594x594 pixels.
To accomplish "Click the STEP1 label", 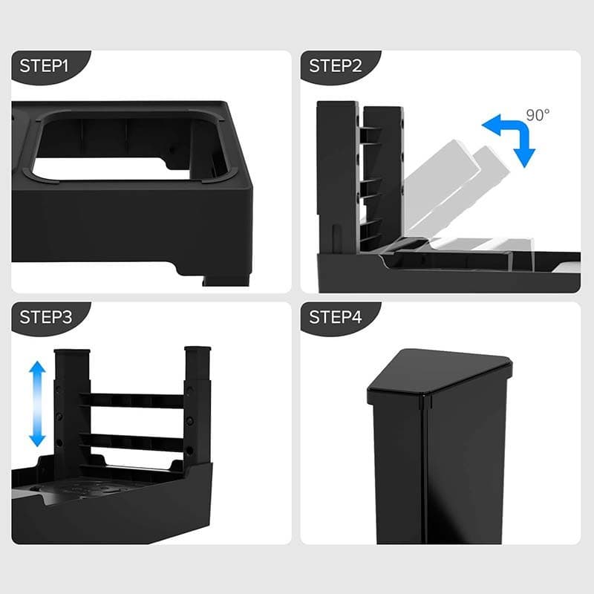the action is pos(44,66).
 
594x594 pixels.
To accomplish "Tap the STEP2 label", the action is pos(336,66).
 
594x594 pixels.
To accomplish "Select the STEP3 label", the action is pos(45,317).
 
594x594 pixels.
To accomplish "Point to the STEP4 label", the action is pos(336,317).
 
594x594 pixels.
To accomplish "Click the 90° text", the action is pos(538,115).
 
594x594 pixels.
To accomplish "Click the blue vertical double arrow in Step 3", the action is pos(37,404).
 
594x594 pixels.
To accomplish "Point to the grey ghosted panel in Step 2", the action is pos(454,189).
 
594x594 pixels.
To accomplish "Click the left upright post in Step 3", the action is pos(71,409).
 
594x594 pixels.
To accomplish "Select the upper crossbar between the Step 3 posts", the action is pos(132,400).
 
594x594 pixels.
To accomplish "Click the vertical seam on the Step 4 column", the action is pos(425,470).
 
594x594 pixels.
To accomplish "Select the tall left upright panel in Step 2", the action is pos(337,177).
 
